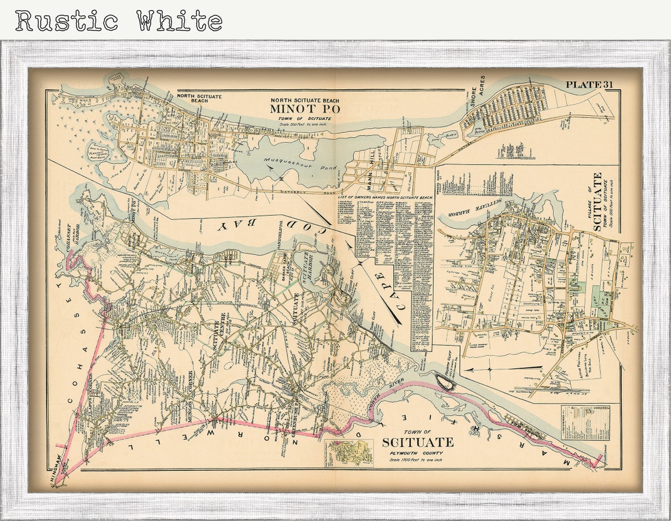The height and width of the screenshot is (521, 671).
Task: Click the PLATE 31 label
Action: tap(589, 85)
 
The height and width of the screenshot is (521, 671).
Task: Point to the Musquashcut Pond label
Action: tap(300, 164)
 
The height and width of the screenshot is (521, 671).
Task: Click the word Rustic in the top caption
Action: tap(67, 21)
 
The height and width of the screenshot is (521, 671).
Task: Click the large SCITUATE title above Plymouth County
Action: tap(417, 442)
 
